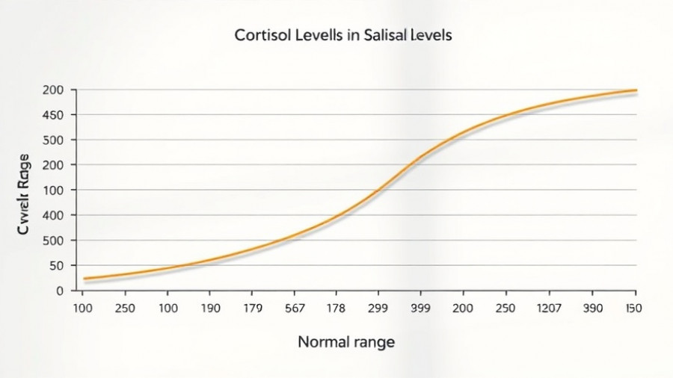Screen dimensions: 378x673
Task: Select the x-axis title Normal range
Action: [345, 342]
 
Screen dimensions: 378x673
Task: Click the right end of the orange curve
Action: [636, 90]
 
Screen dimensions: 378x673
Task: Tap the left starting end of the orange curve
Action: [84, 279]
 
